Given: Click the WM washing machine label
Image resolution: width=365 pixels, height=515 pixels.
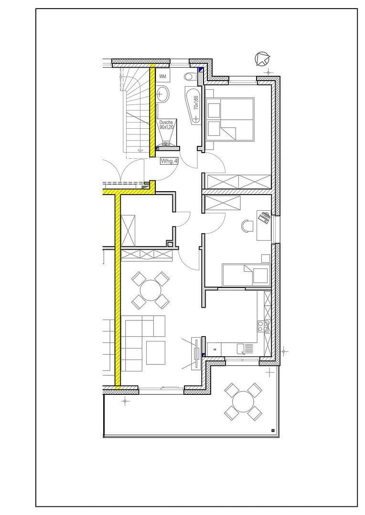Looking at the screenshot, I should pos(163,76).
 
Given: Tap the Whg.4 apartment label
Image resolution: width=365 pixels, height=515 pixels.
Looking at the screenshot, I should pos(169,161).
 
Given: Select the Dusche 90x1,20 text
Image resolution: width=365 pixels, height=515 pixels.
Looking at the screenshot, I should pos(167,125).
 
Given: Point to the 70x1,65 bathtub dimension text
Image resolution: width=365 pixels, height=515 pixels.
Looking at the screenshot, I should pos(196,103).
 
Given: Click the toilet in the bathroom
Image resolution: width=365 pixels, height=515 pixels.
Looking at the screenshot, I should pos(189,76).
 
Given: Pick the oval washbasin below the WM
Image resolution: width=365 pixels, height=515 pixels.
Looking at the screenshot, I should pos(163,93).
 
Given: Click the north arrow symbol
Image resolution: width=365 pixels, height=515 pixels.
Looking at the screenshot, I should pos(262,59).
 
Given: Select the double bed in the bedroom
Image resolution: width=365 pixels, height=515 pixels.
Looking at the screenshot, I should pos(229,119).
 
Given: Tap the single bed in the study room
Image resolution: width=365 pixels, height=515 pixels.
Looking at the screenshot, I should pos(246,275).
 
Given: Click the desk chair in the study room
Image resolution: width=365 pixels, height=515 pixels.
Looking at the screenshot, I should pos(247,226).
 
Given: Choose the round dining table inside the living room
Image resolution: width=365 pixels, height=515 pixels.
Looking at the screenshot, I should pos(150,290).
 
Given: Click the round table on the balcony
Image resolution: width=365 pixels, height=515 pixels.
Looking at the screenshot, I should pos(243,402).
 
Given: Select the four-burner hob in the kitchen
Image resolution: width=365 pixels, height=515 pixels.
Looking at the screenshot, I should pos(263,326).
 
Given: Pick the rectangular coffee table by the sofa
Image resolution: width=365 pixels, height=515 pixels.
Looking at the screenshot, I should pos(155,353).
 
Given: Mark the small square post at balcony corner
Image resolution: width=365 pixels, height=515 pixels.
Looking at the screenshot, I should pos(272,431).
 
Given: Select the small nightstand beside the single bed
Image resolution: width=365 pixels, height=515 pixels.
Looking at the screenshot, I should pos(265,258).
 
